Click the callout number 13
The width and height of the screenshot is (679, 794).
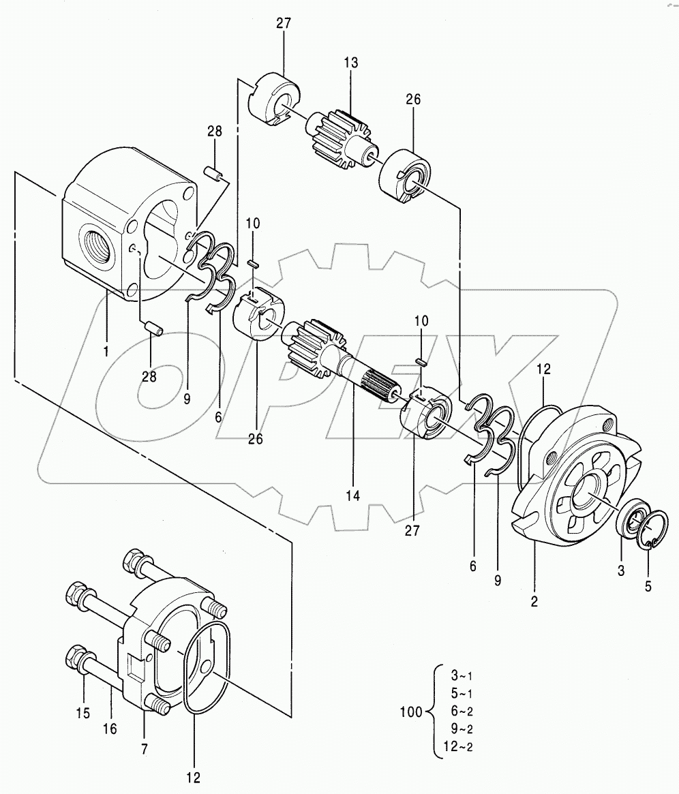coord(350,62)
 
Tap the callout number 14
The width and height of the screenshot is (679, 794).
coord(353,495)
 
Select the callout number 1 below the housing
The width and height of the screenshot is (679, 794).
coord(106,351)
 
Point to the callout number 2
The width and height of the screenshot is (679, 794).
coord(534,601)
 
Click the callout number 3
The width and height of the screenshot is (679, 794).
coord(621,570)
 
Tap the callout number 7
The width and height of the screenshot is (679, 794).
coord(145,749)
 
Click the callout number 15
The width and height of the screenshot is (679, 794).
coord(83,713)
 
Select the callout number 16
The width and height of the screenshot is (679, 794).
coord(110,729)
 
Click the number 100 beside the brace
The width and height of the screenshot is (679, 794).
coord(410,712)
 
